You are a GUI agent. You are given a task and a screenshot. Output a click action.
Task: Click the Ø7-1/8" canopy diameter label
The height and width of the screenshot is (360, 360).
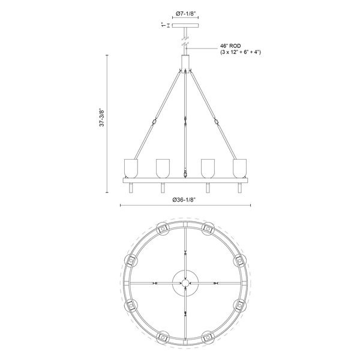185,13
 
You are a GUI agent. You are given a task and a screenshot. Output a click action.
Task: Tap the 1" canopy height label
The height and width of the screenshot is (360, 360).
162,25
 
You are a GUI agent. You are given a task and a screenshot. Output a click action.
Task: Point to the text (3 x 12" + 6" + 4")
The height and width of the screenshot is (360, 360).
240,53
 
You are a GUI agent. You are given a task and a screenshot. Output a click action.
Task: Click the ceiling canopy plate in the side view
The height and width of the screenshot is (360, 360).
185,25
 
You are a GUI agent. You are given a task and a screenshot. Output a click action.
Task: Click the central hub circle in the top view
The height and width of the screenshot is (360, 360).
185,283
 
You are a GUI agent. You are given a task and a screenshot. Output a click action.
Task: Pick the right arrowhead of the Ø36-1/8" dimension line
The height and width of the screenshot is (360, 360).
249,206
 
